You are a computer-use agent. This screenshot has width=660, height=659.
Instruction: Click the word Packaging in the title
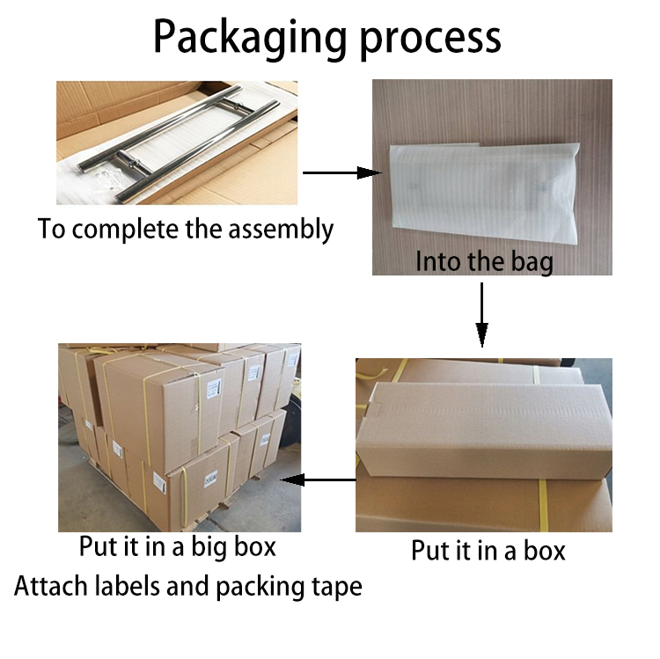(x=250, y=39)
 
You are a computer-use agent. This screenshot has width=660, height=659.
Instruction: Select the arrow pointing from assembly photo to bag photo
(x=342, y=172)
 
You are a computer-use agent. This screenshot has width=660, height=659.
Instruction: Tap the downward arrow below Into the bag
(x=481, y=315)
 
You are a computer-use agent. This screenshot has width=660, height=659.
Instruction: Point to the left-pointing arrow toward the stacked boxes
(x=318, y=480)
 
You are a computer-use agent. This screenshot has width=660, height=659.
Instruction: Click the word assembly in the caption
(x=281, y=230)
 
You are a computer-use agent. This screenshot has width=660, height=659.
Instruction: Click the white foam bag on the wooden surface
(x=484, y=193)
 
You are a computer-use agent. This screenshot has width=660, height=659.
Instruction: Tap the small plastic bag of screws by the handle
(x=108, y=178)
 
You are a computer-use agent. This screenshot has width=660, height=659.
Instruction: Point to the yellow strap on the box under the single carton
(x=543, y=504)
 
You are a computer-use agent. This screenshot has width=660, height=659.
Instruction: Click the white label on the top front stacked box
(x=213, y=388)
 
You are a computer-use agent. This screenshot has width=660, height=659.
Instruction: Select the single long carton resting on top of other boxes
(x=484, y=429)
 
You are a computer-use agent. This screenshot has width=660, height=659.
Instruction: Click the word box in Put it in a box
(x=544, y=551)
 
